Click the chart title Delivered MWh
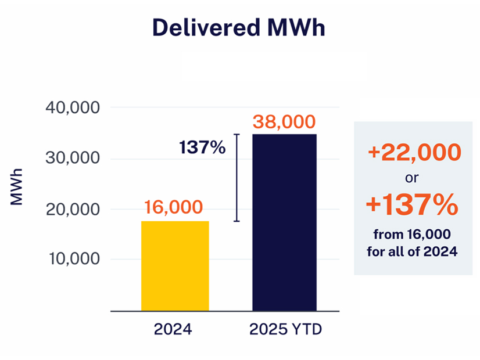(x=239, y=28)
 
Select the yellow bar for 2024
(x=175, y=265)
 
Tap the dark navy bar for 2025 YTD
(x=284, y=222)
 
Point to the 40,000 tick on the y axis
(x=72, y=108)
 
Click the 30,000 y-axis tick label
(x=72, y=159)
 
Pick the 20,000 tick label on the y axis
(x=72, y=209)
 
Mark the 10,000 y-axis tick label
(x=72, y=259)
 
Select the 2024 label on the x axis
(x=173, y=330)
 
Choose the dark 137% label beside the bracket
(x=202, y=147)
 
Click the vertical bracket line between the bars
(x=237, y=178)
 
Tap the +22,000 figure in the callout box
(x=414, y=153)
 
